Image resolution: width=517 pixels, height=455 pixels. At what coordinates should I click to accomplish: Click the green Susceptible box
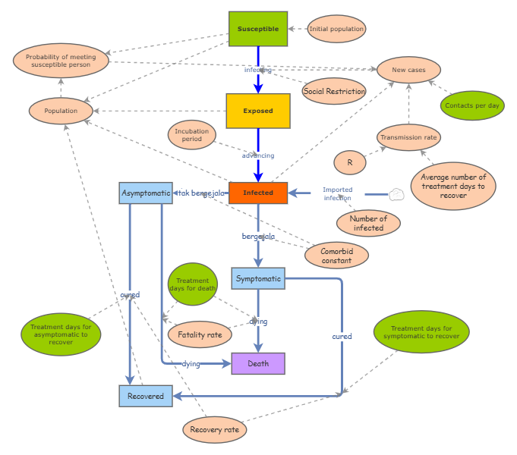(258, 29)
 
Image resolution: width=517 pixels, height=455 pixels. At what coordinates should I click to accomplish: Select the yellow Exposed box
(258, 111)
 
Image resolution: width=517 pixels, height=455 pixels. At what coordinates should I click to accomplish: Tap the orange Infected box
(258, 193)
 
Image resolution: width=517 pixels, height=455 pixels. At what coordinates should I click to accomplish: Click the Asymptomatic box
(146, 193)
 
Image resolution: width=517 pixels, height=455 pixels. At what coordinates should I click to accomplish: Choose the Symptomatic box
(258, 278)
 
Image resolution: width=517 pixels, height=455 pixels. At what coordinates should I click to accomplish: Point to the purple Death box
(258, 364)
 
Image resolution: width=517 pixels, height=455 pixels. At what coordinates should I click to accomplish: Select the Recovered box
(146, 396)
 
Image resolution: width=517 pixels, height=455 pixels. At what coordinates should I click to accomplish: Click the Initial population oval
(336, 29)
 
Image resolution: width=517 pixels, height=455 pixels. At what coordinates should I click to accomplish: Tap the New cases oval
(408, 70)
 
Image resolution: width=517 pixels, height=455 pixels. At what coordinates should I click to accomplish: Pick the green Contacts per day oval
(471, 105)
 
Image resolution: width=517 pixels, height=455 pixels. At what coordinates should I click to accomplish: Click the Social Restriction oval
(334, 91)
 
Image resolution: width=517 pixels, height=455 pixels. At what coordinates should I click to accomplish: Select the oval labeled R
(350, 162)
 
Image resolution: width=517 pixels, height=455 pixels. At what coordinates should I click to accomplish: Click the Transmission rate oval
(409, 137)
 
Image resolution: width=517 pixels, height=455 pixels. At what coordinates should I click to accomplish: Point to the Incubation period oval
(192, 136)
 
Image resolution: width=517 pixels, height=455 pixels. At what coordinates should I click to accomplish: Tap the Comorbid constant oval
(336, 255)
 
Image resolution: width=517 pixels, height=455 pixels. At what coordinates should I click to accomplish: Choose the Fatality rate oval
(200, 334)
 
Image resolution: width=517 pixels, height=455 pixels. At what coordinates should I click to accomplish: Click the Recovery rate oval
(214, 430)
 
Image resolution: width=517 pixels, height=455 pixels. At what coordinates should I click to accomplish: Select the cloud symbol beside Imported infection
(396, 194)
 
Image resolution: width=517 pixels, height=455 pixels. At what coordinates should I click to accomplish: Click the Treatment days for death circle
(192, 284)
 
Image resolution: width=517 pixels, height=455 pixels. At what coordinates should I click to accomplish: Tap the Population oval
(61, 111)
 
